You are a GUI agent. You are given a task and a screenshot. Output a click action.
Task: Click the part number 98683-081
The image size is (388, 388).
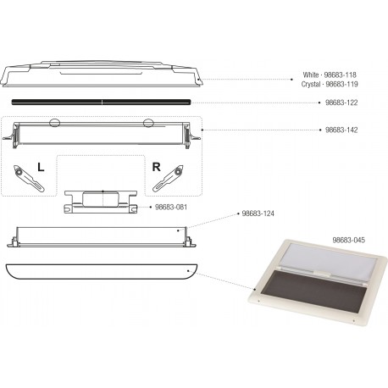click(172, 206)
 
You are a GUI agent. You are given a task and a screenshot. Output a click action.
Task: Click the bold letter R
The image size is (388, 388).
click(155, 166)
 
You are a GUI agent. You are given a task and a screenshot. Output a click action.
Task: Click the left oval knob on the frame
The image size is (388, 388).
click(55, 124)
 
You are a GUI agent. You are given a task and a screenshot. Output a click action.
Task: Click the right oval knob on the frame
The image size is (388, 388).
click(149, 125)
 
